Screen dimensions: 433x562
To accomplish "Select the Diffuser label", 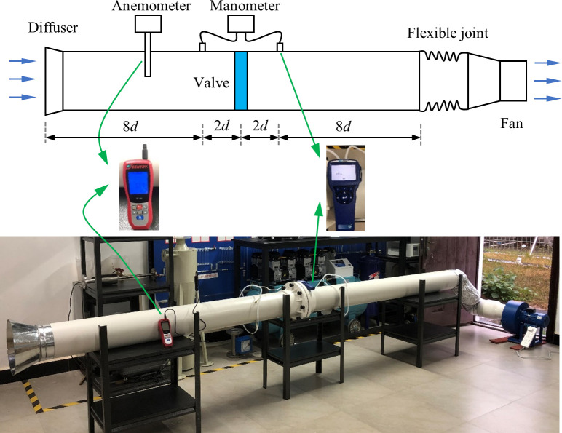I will (x=52, y=28).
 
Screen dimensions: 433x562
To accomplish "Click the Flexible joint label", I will (x=448, y=33).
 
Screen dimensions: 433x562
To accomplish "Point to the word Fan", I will (x=512, y=124).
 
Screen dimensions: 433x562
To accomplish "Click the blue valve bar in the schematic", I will (x=241, y=81).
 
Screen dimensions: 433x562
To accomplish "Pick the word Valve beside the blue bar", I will (x=211, y=82).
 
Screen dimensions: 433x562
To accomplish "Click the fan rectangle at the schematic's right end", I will (x=512, y=81).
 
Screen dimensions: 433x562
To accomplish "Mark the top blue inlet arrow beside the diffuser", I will (x=22, y=62).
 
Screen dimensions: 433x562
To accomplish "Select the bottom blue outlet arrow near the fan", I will (x=547, y=98).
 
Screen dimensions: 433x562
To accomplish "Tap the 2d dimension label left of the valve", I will (x=221, y=126).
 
